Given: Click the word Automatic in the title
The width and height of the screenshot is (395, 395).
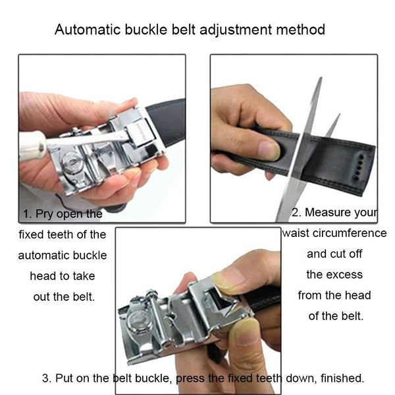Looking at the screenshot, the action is tap(88, 30).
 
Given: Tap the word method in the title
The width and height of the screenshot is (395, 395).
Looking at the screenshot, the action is tap(301, 30).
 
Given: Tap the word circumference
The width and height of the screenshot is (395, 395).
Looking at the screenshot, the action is tap(346, 233).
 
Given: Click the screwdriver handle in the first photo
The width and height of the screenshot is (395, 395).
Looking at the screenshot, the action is tap(32, 146).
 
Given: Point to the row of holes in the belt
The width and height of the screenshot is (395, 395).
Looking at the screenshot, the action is tap(359, 167).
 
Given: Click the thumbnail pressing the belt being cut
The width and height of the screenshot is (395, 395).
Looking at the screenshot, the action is tap(269, 151).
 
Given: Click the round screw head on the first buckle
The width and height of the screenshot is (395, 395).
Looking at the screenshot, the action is tap(71, 163).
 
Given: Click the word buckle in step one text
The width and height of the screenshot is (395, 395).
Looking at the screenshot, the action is tap(90, 255).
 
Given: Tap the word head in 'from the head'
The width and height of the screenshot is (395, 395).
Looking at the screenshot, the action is tap(357, 295).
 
